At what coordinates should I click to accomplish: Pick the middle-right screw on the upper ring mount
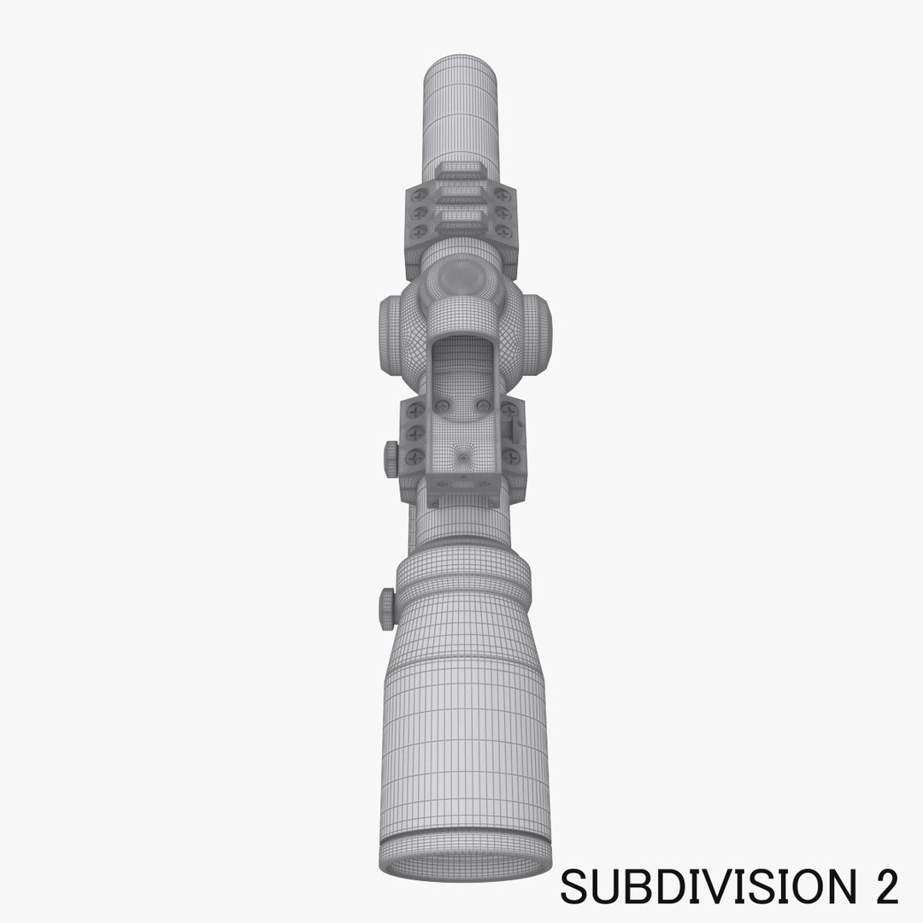(504, 214)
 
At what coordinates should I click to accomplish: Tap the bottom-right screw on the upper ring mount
(504, 232)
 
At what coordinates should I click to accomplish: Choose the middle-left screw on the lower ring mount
(419, 434)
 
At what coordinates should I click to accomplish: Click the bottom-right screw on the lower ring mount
(509, 457)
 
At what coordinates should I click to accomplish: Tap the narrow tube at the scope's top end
(461, 107)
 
